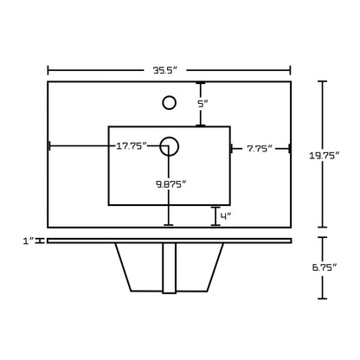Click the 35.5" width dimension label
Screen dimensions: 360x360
[x=164, y=71]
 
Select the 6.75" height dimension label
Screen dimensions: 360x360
[x=325, y=267]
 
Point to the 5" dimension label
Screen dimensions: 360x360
[x=202, y=104]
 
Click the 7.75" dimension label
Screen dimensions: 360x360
[x=260, y=149]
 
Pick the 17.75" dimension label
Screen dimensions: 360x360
[x=132, y=146]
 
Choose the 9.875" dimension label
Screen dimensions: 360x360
[x=171, y=184]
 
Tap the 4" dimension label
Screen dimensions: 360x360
[x=226, y=216]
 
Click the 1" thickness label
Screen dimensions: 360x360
[x=29, y=241]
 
